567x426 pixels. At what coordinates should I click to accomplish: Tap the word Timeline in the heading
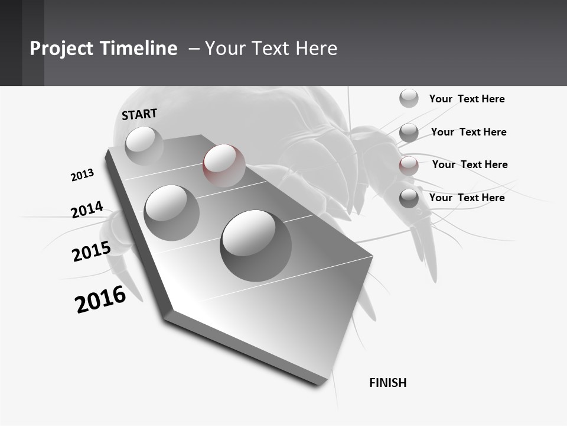(x=142, y=49)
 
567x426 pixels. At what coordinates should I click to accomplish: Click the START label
(x=139, y=115)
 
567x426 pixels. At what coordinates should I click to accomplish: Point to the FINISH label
(x=387, y=383)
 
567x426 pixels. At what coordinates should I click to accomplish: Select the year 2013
(x=82, y=175)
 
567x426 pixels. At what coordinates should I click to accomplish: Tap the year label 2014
(x=87, y=210)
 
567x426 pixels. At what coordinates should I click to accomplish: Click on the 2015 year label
(x=91, y=252)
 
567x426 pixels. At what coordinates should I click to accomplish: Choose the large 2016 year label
(x=100, y=300)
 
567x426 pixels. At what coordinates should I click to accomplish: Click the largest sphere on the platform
(x=255, y=245)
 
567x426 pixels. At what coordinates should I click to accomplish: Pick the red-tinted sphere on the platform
(x=224, y=165)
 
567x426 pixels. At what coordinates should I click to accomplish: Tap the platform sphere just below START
(x=144, y=146)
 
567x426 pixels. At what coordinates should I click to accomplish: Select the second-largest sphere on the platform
(x=171, y=212)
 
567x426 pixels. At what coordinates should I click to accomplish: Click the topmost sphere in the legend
(x=409, y=98)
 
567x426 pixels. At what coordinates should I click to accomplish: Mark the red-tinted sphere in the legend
(x=409, y=165)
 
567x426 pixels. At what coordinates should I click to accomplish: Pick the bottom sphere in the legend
(x=409, y=198)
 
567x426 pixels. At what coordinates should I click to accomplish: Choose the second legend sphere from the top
(x=409, y=133)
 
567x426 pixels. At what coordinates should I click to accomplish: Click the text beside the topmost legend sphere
(x=467, y=99)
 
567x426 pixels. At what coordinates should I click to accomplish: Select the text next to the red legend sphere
(x=470, y=164)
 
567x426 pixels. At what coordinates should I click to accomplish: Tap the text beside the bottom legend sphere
(x=467, y=198)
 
